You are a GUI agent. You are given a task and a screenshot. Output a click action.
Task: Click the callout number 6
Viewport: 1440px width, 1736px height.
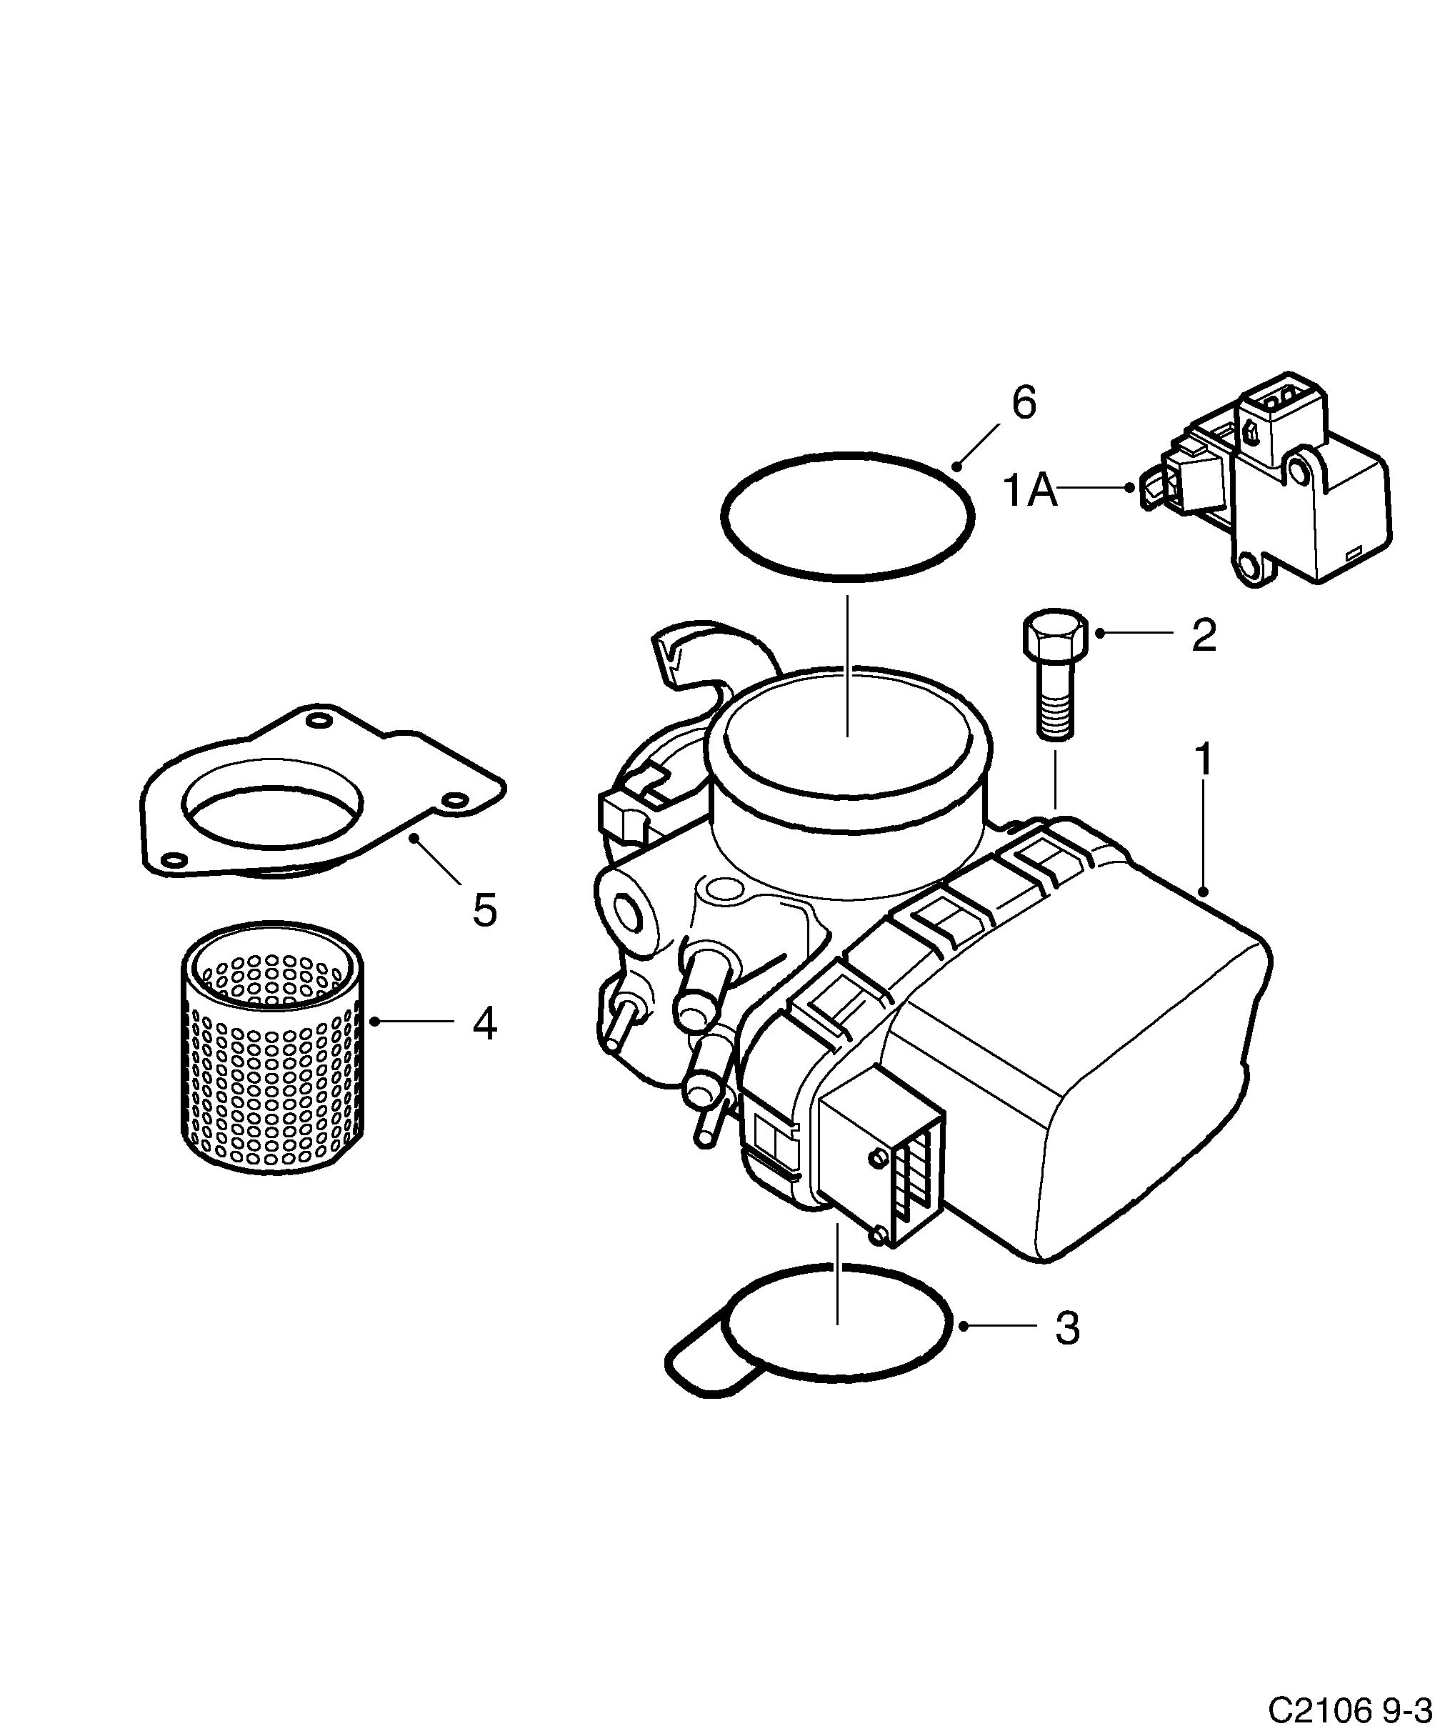click(x=1024, y=405)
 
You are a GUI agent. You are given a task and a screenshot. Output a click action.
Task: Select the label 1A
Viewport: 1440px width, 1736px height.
click(x=1029, y=490)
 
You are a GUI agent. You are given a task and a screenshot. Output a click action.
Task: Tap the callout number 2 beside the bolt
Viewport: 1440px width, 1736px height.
click(x=1204, y=636)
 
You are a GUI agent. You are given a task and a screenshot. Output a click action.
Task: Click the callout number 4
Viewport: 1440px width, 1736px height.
click(x=484, y=1024)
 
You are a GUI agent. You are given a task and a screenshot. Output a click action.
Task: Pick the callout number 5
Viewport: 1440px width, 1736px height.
click(x=484, y=910)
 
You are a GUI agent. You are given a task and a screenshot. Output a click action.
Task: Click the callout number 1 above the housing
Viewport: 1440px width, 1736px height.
click(x=1204, y=759)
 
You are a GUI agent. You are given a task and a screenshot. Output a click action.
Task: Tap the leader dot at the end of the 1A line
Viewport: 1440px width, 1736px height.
click(x=1129, y=488)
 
